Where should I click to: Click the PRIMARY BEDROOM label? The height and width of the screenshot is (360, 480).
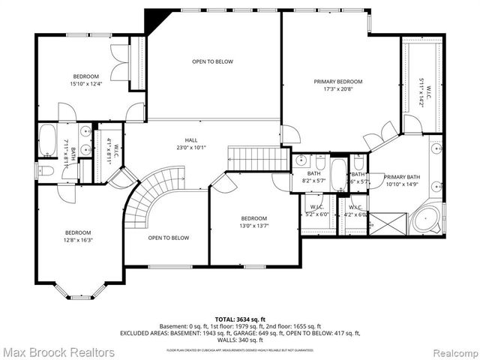click(337, 82)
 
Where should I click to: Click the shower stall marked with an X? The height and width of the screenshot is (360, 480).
click(387, 223)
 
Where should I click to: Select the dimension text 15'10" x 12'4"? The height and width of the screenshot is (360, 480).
click(85, 84)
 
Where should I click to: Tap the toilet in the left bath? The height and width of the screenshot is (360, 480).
click(46, 171)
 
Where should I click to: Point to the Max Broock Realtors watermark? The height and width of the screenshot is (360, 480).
click(58, 352)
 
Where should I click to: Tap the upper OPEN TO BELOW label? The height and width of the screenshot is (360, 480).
click(212, 61)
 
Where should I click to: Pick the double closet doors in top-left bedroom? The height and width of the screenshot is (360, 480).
click(119, 62)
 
